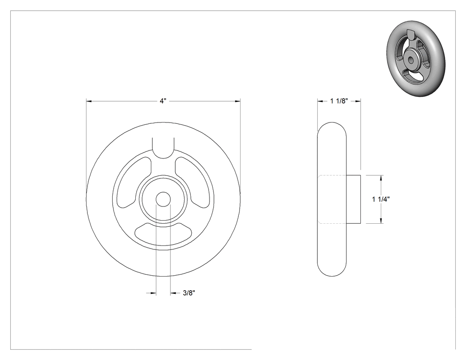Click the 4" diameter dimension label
(162, 101)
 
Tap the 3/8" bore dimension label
(189, 293)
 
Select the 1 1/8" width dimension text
(339, 101)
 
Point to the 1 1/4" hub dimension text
(381, 199)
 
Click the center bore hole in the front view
(163, 199)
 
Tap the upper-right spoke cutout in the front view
(194, 182)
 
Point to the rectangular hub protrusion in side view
(353, 199)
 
